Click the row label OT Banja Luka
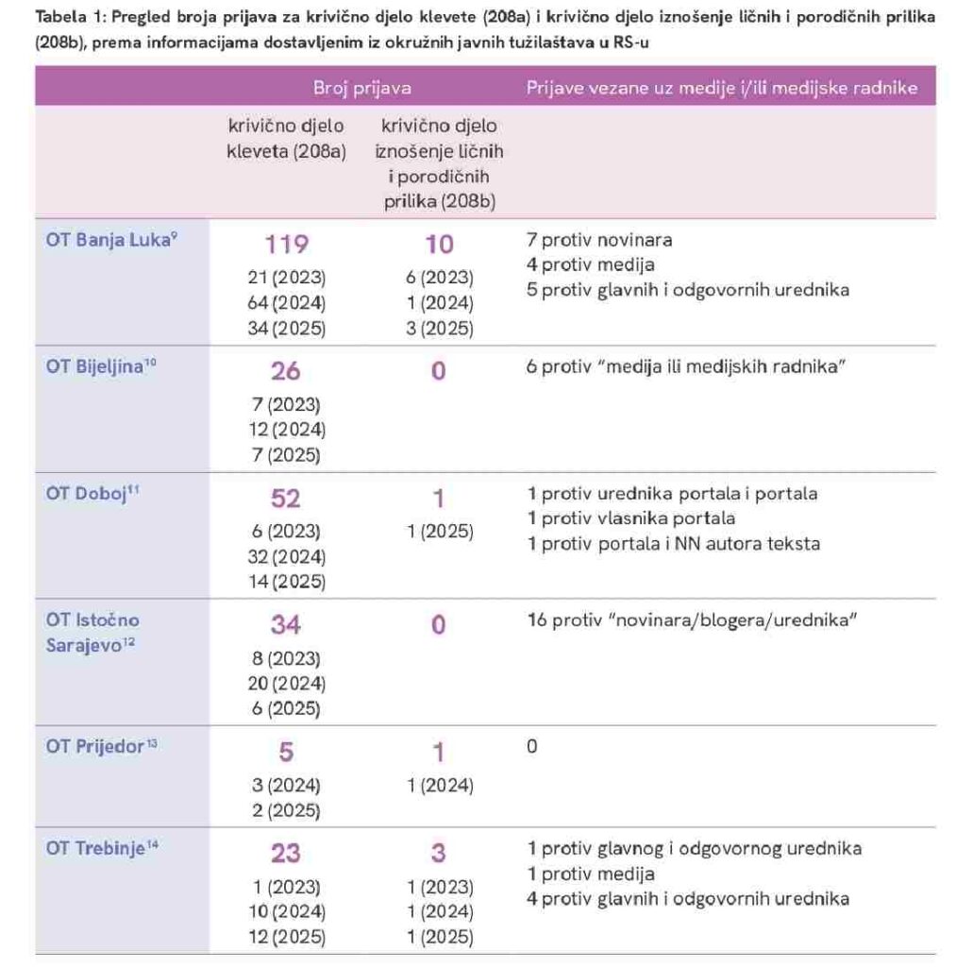[107, 239]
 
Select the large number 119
[286, 246]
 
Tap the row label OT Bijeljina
[96, 366]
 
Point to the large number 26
[286, 372]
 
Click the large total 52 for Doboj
[286, 499]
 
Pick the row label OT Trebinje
[96, 848]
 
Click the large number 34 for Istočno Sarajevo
[286, 625]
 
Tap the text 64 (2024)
[287, 304]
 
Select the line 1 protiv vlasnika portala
[630, 518]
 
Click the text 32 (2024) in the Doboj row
[287, 556]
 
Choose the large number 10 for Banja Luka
[439, 246]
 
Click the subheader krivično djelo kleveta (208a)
[286, 138]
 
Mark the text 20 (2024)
[287, 683]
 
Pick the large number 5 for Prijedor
[286, 752]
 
